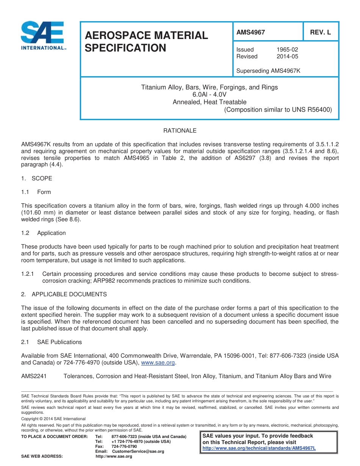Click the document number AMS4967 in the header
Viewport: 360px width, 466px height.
pyautogui.click(x=250, y=33)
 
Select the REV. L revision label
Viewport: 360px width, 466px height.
pyautogui.click(x=320, y=33)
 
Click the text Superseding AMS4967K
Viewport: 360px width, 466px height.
pyautogui.click(x=268, y=71)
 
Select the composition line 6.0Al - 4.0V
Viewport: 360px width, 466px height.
pyautogui.click(x=209, y=95)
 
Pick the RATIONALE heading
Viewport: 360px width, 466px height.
pyautogui.click(x=180, y=131)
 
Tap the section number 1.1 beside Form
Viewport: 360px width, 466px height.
pyautogui.click(x=25, y=192)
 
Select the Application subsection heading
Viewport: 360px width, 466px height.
pyautogui.click(x=51, y=233)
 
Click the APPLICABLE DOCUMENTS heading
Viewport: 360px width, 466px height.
pyautogui.click(x=69, y=294)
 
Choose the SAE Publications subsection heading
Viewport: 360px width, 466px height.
pyautogui.click(x=59, y=342)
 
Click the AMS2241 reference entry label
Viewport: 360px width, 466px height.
pyautogui.click(x=34, y=376)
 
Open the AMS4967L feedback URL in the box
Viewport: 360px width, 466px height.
pyautogui.click(x=259, y=448)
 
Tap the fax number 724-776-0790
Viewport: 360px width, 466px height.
pyautogui.click(x=124, y=447)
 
